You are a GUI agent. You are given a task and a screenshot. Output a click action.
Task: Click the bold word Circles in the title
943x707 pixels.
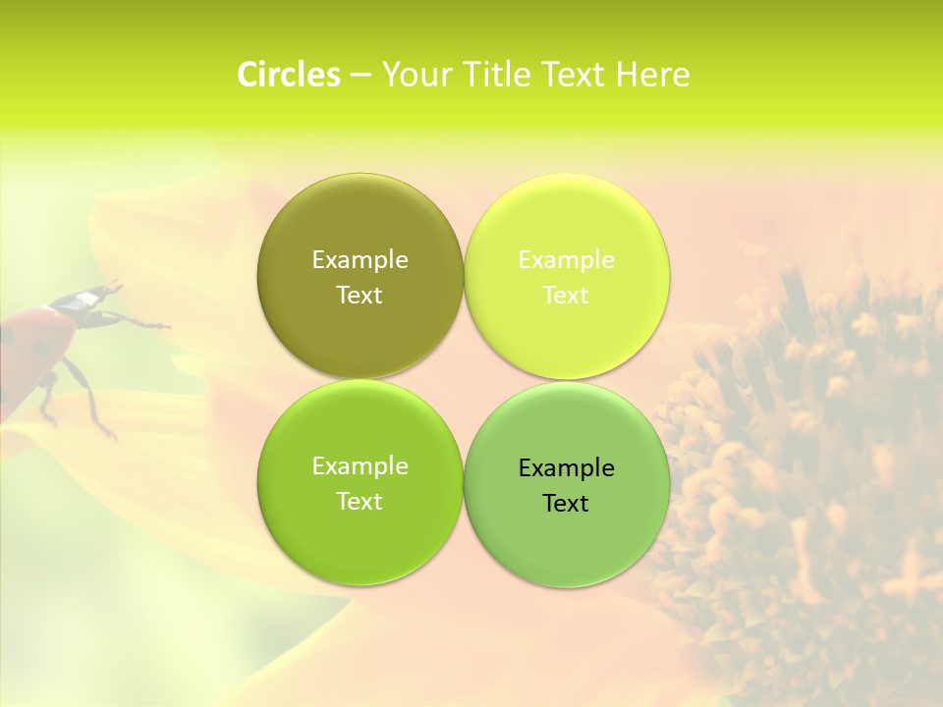point(289,75)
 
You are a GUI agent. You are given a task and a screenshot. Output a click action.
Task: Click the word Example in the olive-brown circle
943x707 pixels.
point(360,260)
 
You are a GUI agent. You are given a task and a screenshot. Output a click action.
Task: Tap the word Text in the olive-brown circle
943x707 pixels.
point(360,296)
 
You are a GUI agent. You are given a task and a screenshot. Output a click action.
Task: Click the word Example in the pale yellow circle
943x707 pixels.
point(567,260)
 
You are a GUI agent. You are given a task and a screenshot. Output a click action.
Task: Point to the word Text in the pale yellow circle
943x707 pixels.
point(567,296)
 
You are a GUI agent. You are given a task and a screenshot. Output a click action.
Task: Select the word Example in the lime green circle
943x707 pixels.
point(360,466)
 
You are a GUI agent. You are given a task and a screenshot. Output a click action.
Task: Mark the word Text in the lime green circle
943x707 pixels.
point(360,502)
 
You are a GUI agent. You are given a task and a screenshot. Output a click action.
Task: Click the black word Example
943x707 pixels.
point(567,468)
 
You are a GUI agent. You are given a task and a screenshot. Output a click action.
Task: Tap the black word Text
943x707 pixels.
point(567,504)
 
